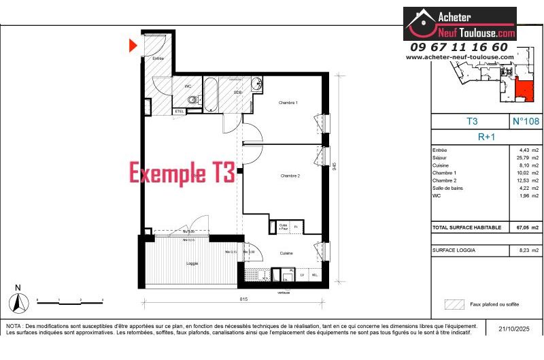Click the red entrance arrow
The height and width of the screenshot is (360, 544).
click(x=133, y=46)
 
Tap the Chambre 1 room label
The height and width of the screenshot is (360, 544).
click(x=288, y=103)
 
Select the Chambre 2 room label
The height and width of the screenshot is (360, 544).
click(x=290, y=176)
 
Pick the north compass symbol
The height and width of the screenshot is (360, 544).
click(x=18, y=299)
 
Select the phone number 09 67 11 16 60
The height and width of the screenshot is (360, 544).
click(x=459, y=47)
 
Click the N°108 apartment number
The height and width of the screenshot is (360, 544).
click(x=526, y=122)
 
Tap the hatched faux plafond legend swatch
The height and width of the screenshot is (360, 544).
click(x=454, y=304)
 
